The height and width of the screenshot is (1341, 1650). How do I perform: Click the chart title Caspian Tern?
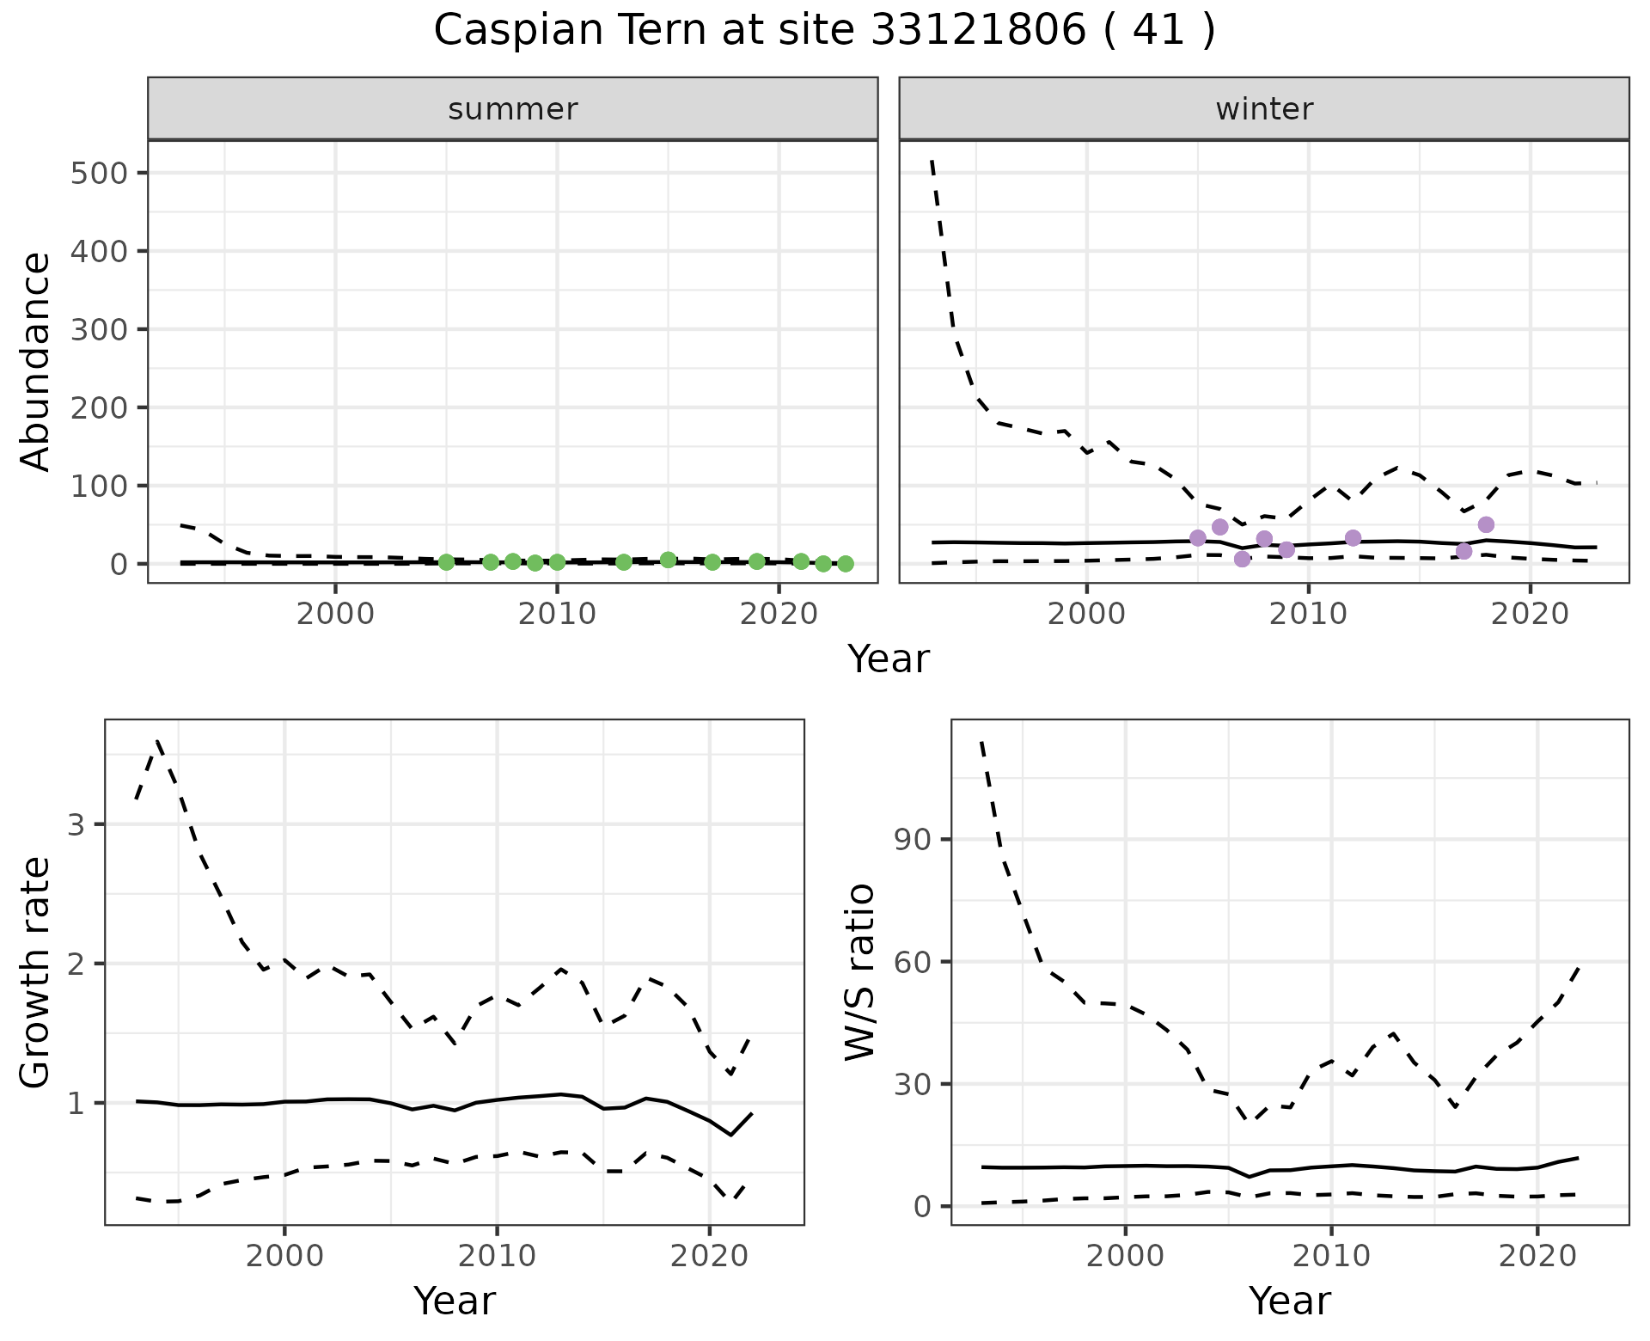tap(823, 31)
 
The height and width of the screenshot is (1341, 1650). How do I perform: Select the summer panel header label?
tap(513, 109)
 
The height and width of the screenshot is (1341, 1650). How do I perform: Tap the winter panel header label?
tap(1264, 109)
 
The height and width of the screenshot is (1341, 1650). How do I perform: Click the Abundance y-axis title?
tap(36, 361)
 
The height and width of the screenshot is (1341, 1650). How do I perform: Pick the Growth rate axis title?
tap(36, 972)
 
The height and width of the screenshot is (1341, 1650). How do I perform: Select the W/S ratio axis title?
tap(860, 972)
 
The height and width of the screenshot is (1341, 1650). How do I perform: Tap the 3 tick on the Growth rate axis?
tap(75, 824)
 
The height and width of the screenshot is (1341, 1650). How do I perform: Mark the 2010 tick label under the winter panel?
tap(1308, 615)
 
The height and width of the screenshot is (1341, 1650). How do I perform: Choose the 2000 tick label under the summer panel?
tap(335, 615)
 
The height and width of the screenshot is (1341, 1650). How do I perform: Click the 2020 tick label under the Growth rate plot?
tap(709, 1256)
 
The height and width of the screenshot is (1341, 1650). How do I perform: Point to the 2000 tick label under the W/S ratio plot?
tap(1125, 1256)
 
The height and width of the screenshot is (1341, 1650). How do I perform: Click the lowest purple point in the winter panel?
tap(1242, 559)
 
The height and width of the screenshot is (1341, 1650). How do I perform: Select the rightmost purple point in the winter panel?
tap(1486, 524)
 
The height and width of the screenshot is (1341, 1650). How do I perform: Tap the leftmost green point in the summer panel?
tap(446, 562)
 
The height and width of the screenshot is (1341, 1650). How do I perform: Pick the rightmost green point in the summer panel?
tap(846, 564)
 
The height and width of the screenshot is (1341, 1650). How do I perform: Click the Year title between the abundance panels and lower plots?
tap(889, 659)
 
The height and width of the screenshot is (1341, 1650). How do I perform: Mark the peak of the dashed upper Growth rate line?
tap(157, 740)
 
